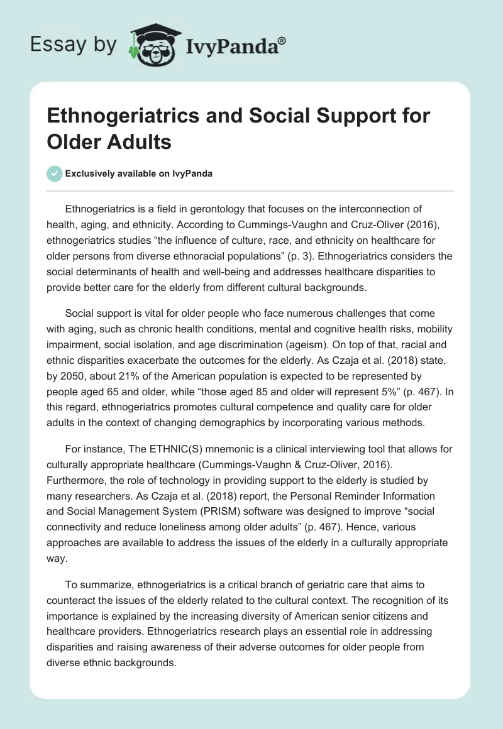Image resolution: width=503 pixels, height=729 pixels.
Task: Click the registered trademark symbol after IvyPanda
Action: (x=282, y=41)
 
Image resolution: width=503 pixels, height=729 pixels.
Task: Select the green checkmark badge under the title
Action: (x=54, y=173)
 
